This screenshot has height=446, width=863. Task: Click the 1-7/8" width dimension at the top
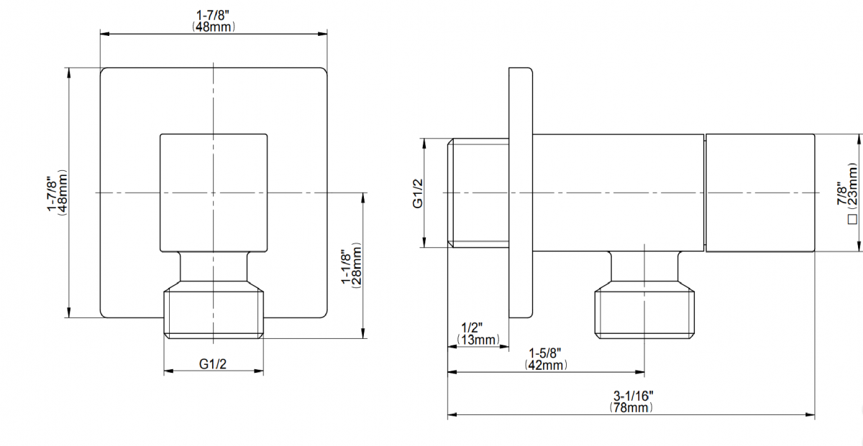pyautogui.click(x=214, y=14)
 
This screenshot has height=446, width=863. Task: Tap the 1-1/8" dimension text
pyautogui.click(x=346, y=266)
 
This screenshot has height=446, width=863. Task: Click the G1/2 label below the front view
pyautogui.click(x=213, y=363)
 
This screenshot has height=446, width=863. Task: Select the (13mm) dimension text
pyautogui.click(x=478, y=339)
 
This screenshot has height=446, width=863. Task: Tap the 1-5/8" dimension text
pyautogui.click(x=544, y=353)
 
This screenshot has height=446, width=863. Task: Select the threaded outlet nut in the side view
pyautogui.click(x=645, y=311)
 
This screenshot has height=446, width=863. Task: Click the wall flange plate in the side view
pyautogui.click(x=521, y=192)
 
